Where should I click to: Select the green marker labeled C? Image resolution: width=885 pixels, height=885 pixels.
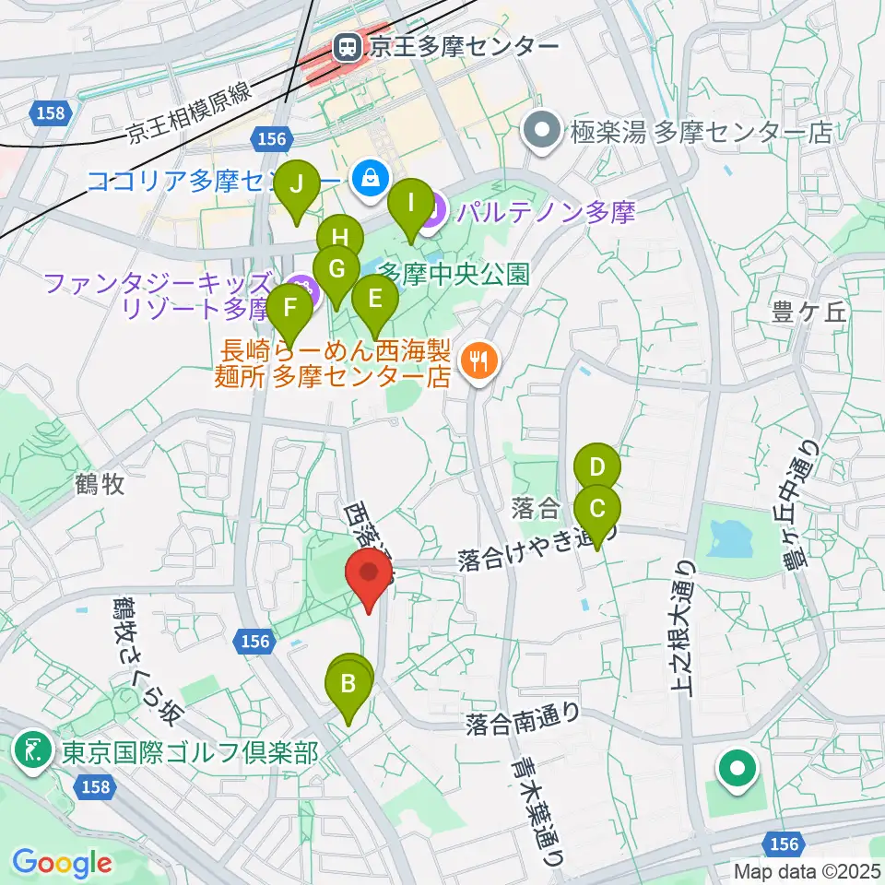pos(596,510)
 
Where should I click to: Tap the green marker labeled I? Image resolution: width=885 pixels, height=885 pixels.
pos(412,203)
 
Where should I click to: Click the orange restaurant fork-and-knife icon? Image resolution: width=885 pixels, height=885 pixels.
pos(478,360)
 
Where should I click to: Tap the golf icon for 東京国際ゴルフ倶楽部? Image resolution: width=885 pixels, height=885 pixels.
pos(34,751)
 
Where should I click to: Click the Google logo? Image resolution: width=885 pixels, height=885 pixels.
pos(62,863)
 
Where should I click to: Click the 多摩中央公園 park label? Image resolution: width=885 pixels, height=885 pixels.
pos(454,274)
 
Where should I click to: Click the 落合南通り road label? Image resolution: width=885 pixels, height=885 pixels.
pos(523,714)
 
